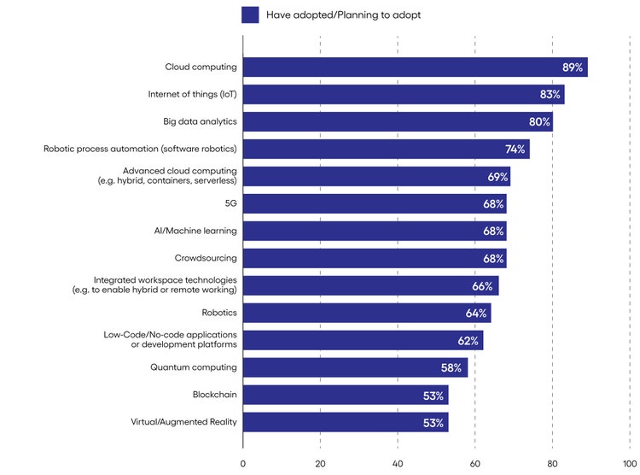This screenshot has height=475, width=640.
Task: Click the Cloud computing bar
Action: coord(415,67)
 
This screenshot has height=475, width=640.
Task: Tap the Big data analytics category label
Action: coord(200,122)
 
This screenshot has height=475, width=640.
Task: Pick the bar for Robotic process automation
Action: coord(386,150)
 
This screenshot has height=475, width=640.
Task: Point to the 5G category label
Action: coord(230,204)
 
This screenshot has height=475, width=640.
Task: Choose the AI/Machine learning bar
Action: coord(374,232)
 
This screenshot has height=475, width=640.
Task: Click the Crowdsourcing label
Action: coord(206,258)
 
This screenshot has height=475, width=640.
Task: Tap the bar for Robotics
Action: coord(367,313)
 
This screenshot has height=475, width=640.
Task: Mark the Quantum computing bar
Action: coord(355,367)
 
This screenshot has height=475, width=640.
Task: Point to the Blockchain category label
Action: coord(214,395)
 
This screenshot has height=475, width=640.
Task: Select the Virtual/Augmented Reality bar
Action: coord(345,422)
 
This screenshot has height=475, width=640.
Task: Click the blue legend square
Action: coord(250,15)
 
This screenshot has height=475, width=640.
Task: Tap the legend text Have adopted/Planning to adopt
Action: coord(343,15)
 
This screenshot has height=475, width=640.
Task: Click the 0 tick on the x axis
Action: coord(243,464)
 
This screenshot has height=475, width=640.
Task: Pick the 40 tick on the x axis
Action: coord(398,464)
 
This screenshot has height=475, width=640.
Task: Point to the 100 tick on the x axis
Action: coord(629,464)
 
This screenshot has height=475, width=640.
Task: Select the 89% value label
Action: coord(573,67)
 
